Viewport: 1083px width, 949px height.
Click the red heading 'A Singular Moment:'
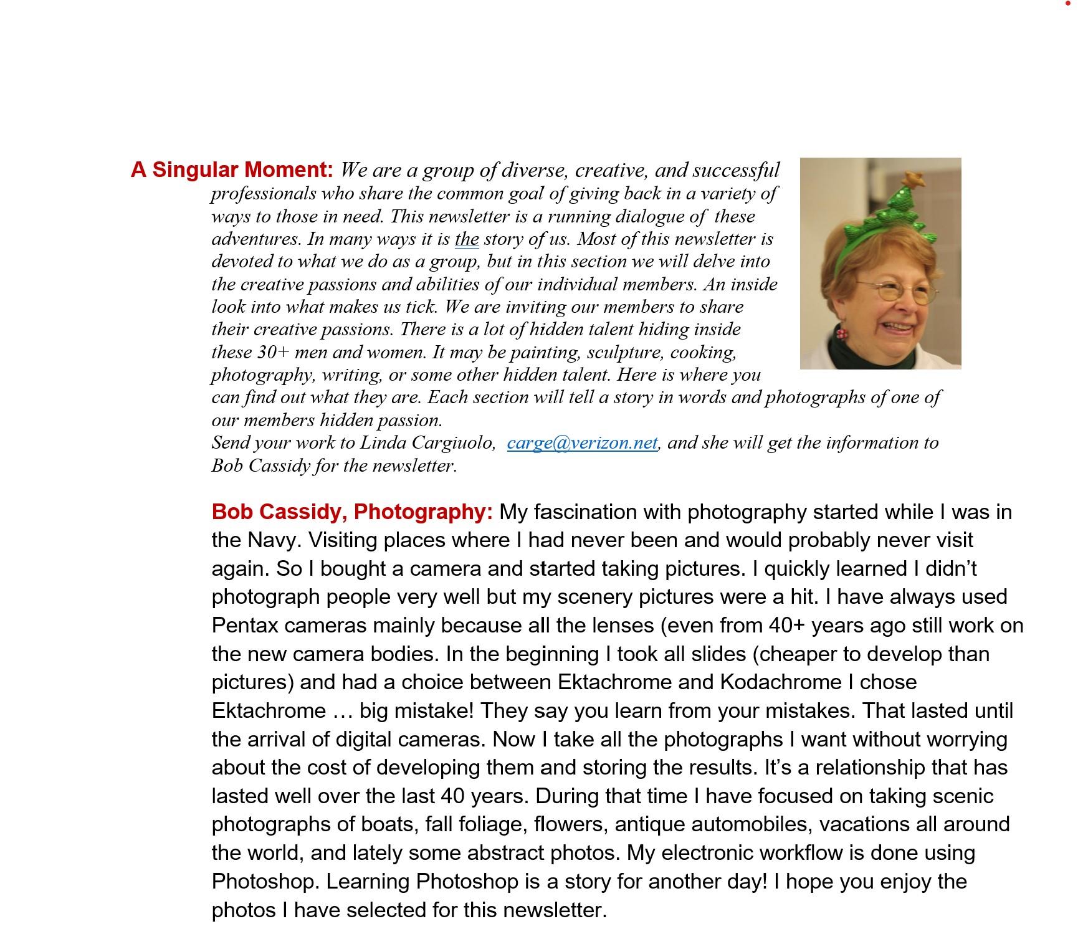(x=232, y=170)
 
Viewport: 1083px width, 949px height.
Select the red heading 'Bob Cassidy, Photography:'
(x=352, y=512)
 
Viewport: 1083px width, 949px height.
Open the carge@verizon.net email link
(x=582, y=443)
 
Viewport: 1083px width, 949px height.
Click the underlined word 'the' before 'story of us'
(x=467, y=239)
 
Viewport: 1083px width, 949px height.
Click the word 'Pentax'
(x=246, y=626)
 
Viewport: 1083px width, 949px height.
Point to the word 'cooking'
(x=703, y=353)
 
